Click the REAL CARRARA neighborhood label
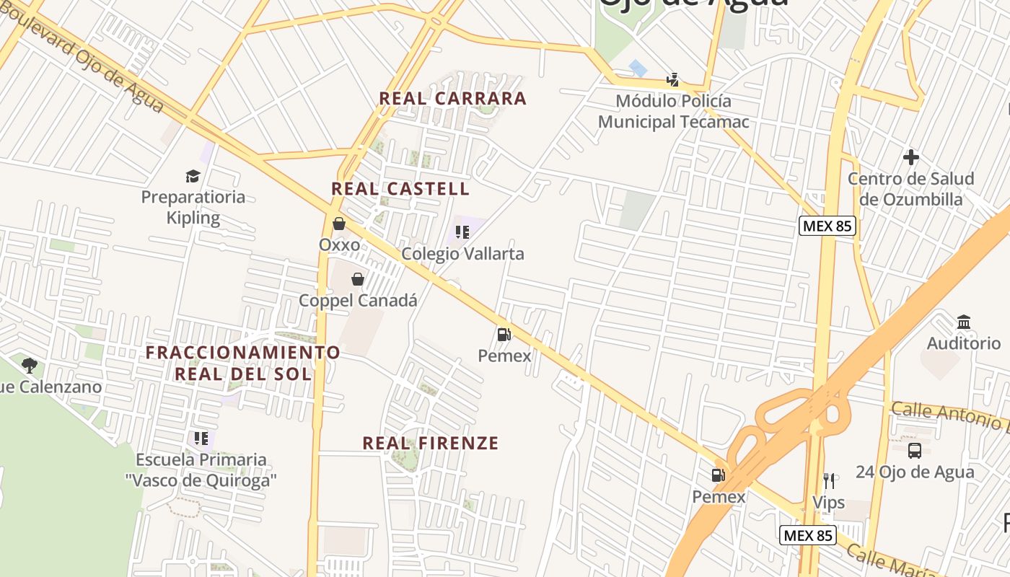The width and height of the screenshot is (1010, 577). [x=452, y=98]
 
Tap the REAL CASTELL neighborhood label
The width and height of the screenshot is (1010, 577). [x=400, y=189]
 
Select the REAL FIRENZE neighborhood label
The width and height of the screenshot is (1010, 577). [x=430, y=443]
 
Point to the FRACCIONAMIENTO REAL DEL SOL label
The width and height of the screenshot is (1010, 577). [x=243, y=363]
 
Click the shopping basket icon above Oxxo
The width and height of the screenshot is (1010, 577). [x=339, y=224]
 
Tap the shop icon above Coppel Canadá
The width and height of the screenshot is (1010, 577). [x=357, y=279]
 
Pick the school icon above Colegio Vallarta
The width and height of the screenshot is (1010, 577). [x=462, y=232]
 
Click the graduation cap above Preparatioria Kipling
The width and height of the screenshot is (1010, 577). [x=193, y=175]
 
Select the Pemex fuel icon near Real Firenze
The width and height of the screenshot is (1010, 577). [x=504, y=334]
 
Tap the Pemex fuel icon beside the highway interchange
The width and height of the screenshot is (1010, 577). [x=718, y=475]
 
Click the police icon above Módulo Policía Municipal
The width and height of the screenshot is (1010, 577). [x=673, y=79]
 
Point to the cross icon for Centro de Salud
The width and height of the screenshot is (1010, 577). [x=911, y=157]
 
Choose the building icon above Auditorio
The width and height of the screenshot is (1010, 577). [x=964, y=322]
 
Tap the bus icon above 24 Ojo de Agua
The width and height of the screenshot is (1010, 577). [x=915, y=451]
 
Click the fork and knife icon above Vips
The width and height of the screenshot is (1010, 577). [x=828, y=480]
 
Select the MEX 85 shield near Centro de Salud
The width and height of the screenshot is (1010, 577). [x=827, y=226]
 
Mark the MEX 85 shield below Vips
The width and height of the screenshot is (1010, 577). [x=808, y=535]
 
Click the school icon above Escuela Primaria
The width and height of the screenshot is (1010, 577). [x=201, y=438]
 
